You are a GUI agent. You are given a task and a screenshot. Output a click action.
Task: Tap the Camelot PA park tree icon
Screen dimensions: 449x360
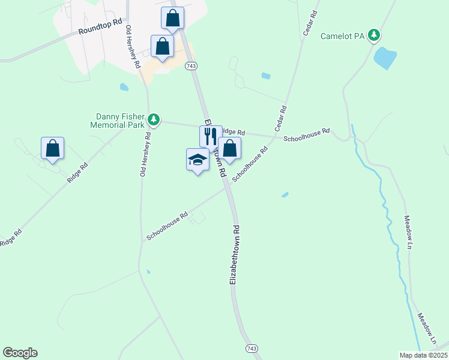pyautogui.click(x=375, y=35)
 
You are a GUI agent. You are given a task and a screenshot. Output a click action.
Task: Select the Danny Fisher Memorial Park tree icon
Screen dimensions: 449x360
pyautogui.click(x=154, y=120)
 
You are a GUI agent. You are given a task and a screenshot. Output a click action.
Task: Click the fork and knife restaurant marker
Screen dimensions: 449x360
pyautogui.click(x=210, y=136)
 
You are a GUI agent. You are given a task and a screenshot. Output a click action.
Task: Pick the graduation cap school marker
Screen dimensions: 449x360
pyautogui.click(x=197, y=160)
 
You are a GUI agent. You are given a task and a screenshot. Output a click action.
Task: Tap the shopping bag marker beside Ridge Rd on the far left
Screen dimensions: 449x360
pyautogui.click(x=52, y=148)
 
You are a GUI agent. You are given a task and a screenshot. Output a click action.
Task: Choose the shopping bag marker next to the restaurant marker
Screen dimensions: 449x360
pyautogui.click(x=229, y=148)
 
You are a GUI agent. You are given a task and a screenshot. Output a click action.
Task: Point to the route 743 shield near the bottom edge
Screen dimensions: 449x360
pyautogui.click(x=252, y=349)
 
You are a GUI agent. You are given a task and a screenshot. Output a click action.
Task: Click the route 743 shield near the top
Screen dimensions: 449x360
pyautogui.click(x=191, y=66)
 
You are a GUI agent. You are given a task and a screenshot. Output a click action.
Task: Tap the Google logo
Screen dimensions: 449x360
pyautogui.click(x=20, y=353)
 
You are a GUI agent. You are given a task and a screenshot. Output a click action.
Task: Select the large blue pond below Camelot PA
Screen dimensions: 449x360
pyautogui.click(x=385, y=58)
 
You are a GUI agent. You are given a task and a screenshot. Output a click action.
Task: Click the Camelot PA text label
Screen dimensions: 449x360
pyautogui.click(x=343, y=36)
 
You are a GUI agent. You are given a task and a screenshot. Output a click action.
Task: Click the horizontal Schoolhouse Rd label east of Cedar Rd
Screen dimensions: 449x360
pyautogui.click(x=307, y=134)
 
